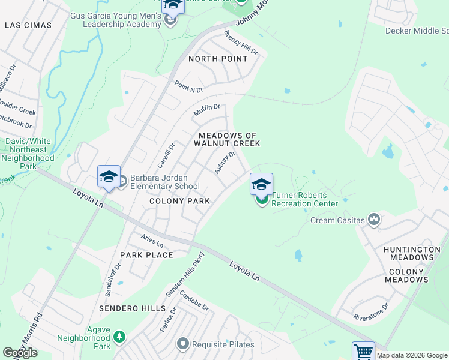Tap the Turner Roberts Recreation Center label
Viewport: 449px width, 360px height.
point(304,199)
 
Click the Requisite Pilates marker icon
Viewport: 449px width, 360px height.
point(183,344)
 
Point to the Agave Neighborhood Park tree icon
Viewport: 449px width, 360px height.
point(119,337)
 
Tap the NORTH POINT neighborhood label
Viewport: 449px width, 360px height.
point(217,59)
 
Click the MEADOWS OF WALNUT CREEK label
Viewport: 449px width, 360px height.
point(227,140)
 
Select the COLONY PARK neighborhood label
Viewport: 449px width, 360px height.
point(180,201)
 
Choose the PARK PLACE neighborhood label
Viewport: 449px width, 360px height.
point(146,255)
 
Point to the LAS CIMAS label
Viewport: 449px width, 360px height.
point(28,25)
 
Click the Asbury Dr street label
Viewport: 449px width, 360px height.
point(224,163)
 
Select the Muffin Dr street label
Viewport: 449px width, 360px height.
point(207,110)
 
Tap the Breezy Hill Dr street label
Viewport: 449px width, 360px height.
point(241,43)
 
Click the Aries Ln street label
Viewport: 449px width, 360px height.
point(152,241)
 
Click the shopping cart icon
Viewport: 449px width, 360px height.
point(363,352)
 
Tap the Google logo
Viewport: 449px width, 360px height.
point(20,353)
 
